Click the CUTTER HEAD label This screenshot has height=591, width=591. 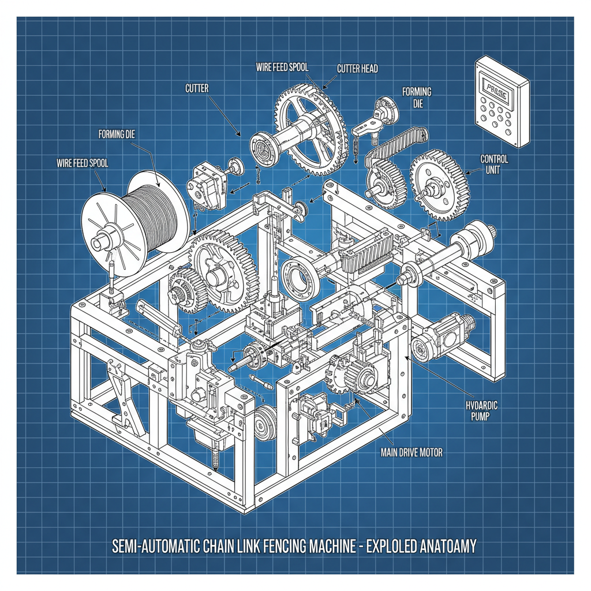pyautogui.click(x=357, y=69)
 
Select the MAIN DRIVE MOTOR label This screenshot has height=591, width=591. pyautogui.click(x=412, y=452)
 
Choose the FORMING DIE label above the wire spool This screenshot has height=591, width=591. pyautogui.click(x=117, y=135)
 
